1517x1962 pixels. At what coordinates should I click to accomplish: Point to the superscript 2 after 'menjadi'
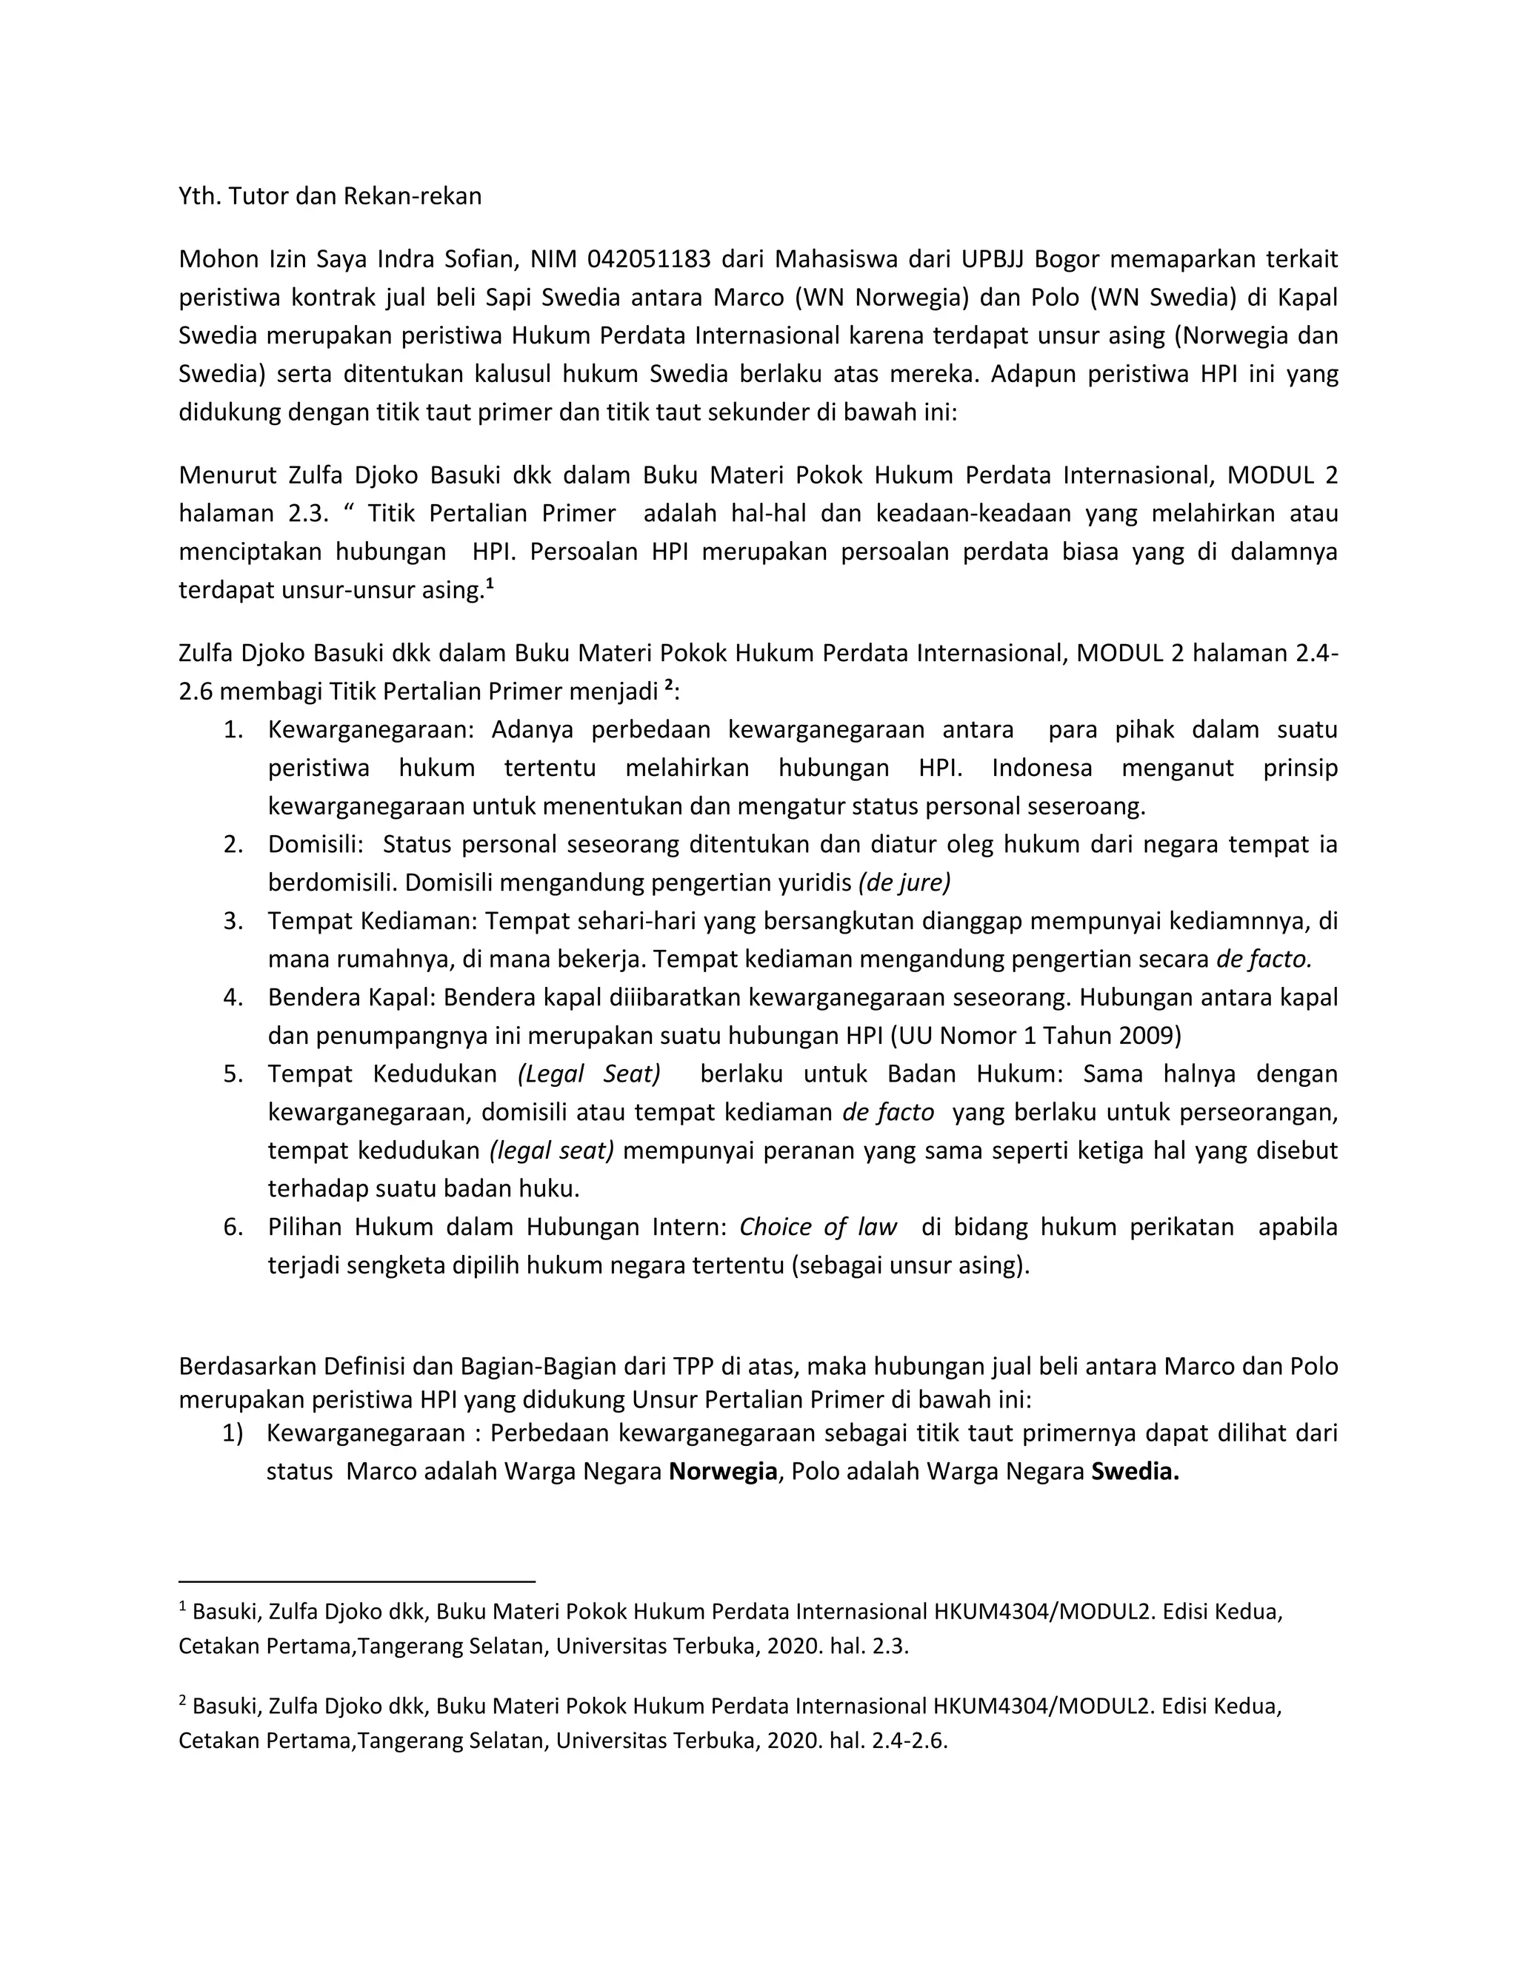tap(667, 687)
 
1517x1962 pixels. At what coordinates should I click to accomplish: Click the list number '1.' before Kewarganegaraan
tap(233, 729)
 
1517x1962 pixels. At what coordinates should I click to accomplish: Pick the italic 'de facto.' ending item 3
tap(1264, 959)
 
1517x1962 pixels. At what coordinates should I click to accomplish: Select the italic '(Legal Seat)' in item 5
tap(589, 1074)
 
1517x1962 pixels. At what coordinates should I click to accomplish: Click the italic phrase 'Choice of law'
tap(818, 1227)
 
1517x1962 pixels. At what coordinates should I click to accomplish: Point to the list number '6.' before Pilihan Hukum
tap(233, 1227)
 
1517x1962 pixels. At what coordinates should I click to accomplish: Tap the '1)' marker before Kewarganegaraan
tap(233, 1433)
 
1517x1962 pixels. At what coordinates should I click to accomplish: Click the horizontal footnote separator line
tap(357, 1580)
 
